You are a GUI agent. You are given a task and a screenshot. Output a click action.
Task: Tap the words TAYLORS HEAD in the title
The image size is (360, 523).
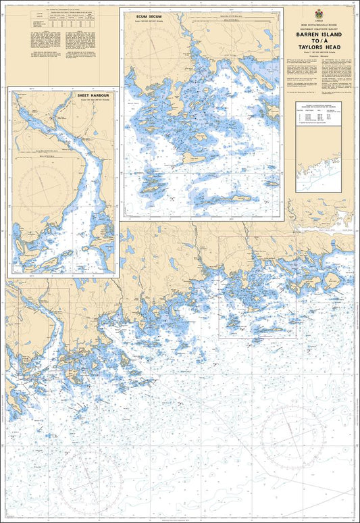click(322, 48)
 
